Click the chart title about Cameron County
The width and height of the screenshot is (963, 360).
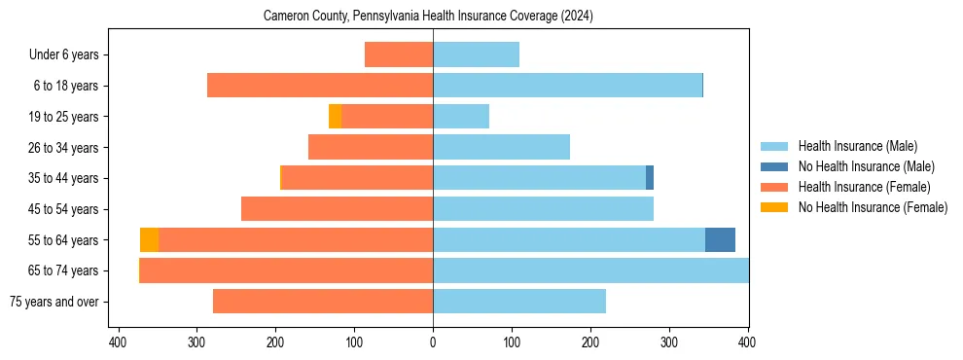click(428, 17)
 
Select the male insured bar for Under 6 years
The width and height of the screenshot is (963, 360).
click(476, 54)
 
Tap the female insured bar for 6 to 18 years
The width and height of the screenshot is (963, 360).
click(320, 86)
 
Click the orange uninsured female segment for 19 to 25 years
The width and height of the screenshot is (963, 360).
click(335, 117)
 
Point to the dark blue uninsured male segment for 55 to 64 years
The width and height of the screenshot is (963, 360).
click(720, 239)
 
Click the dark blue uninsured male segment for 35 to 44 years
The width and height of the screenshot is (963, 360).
click(650, 178)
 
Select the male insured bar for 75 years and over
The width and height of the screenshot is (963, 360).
click(519, 302)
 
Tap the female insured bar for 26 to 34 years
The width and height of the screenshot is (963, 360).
click(371, 147)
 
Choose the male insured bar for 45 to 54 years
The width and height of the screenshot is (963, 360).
click(543, 209)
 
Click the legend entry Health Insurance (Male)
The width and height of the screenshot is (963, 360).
click(857, 146)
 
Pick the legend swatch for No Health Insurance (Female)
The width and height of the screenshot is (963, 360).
click(775, 207)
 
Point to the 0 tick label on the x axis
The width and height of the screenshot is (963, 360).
click(433, 342)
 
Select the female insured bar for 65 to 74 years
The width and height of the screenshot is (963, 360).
click(287, 270)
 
